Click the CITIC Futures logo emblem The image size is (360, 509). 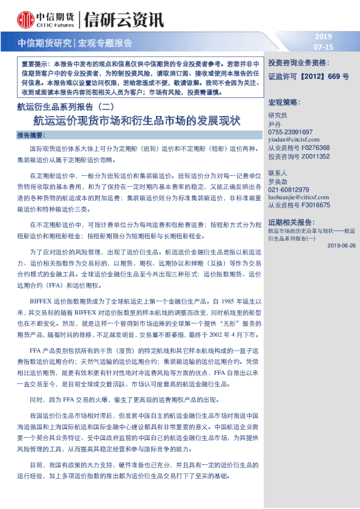click(x=25, y=20)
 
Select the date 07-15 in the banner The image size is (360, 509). click(x=324, y=47)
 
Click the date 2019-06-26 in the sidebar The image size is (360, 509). click(x=341, y=245)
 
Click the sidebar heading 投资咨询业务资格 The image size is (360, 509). click(x=298, y=62)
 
